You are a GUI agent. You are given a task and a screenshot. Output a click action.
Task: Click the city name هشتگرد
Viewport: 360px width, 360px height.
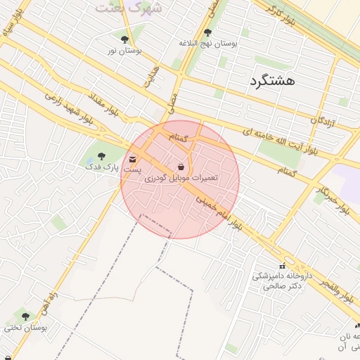(271, 81)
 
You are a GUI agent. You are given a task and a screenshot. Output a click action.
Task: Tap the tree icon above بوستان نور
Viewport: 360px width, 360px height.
(124, 39)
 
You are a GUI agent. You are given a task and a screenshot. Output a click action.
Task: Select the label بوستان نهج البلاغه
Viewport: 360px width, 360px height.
(208, 44)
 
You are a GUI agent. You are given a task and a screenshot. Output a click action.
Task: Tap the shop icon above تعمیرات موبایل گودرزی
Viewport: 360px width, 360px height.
(182, 167)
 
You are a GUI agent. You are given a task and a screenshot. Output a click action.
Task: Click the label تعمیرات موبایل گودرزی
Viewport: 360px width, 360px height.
(181, 179)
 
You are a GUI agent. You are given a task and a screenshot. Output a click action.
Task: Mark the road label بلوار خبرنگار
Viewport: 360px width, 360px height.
(332, 200)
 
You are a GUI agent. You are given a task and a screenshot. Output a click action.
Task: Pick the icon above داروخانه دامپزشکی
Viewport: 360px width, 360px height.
(282, 266)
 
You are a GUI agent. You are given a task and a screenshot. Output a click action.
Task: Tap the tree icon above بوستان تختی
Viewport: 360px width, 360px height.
(26, 317)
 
